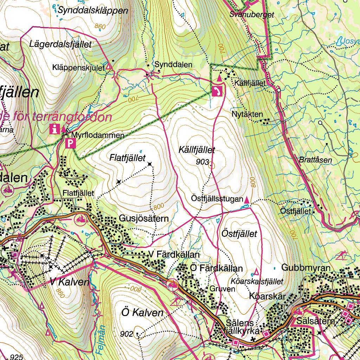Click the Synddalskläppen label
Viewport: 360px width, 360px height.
(93, 11)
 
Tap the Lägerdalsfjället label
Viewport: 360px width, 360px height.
(61, 44)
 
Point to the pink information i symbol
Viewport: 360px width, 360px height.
(54, 129)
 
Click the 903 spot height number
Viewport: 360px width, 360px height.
(203, 162)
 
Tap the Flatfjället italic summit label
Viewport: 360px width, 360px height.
(127, 159)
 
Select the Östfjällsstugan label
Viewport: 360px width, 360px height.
(217, 199)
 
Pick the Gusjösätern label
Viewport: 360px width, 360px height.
(144, 219)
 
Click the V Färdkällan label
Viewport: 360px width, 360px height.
(174, 254)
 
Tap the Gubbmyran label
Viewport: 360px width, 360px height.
(306, 268)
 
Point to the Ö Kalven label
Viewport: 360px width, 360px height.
(142, 313)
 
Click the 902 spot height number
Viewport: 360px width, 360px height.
(126, 333)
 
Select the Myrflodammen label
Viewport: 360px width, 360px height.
(98, 135)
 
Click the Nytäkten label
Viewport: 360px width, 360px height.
(247, 114)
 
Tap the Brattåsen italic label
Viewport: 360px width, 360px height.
(315, 160)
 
